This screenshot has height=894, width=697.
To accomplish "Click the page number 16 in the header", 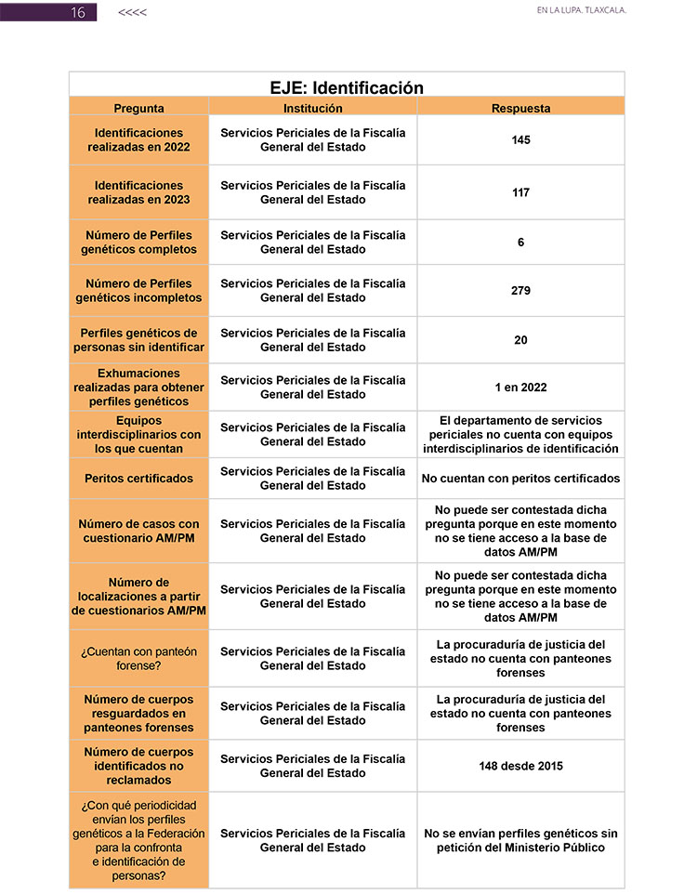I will [78, 12].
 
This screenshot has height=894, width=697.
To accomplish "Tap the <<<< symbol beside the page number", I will [132, 12].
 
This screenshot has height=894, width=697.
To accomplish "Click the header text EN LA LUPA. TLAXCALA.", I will [582, 11].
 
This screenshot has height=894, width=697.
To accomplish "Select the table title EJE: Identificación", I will [347, 88].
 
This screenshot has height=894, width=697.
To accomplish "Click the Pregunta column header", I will [139, 109].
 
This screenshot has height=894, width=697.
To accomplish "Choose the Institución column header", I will [312, 109].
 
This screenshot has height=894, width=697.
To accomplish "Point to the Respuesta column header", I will [520, 109].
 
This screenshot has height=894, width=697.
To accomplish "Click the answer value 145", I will [520, 140].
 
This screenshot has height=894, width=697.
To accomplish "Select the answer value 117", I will [520, 192].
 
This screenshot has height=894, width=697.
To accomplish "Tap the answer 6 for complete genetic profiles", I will [520, 243].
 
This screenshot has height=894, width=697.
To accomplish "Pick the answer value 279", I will [520, 291].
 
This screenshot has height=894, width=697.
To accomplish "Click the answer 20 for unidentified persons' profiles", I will [520, 340].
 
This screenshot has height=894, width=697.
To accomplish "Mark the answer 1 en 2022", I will [520, 388].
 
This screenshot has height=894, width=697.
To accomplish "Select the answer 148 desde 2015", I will [520, 766].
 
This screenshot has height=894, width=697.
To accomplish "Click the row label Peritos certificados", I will [139, 479].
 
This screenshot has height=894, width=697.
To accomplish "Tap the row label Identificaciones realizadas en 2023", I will [139, 192].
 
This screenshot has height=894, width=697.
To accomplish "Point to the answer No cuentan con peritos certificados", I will [520, 479].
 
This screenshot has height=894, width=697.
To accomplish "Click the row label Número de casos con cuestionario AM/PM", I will [139, 531].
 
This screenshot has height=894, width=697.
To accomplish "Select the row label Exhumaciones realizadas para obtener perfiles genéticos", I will [139, 388].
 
